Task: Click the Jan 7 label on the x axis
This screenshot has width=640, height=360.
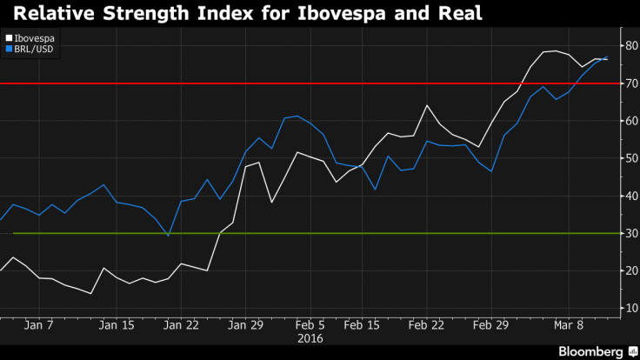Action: pos(41,325)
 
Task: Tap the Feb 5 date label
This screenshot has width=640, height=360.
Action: pos(310,325)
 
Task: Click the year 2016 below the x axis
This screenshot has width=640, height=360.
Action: pos(310,339)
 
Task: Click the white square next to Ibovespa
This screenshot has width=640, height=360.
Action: pos(8,39)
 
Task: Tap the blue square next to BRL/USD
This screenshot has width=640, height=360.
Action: pos(8,50)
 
